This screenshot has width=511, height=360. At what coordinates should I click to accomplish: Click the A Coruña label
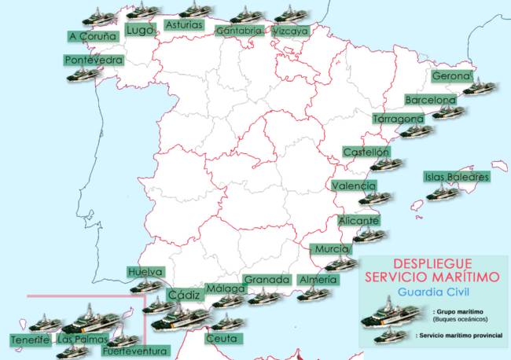tap(93, 35)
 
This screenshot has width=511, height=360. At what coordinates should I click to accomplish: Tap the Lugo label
tap(139, 30)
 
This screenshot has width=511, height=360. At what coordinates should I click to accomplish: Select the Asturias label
tap(185, 25)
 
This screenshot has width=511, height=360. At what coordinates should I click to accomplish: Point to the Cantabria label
tap(238, 31)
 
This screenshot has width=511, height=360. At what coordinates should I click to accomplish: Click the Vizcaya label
tap(291, 31)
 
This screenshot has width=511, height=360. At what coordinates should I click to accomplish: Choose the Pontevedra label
tap(94, 60)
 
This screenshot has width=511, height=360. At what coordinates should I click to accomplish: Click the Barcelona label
tap(430, 100)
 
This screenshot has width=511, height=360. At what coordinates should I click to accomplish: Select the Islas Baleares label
tap(457, 177)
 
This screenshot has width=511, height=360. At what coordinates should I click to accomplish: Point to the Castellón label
tap(366, 152)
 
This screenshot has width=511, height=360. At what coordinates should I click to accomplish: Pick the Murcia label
tap(330, 249)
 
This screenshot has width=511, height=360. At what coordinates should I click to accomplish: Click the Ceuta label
tap(221, 339)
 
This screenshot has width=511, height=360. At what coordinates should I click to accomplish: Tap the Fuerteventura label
tap(135, 351)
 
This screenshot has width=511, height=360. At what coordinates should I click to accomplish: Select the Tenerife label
tap(31, 340)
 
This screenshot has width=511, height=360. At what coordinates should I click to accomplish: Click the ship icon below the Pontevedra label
tap(83, 73)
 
